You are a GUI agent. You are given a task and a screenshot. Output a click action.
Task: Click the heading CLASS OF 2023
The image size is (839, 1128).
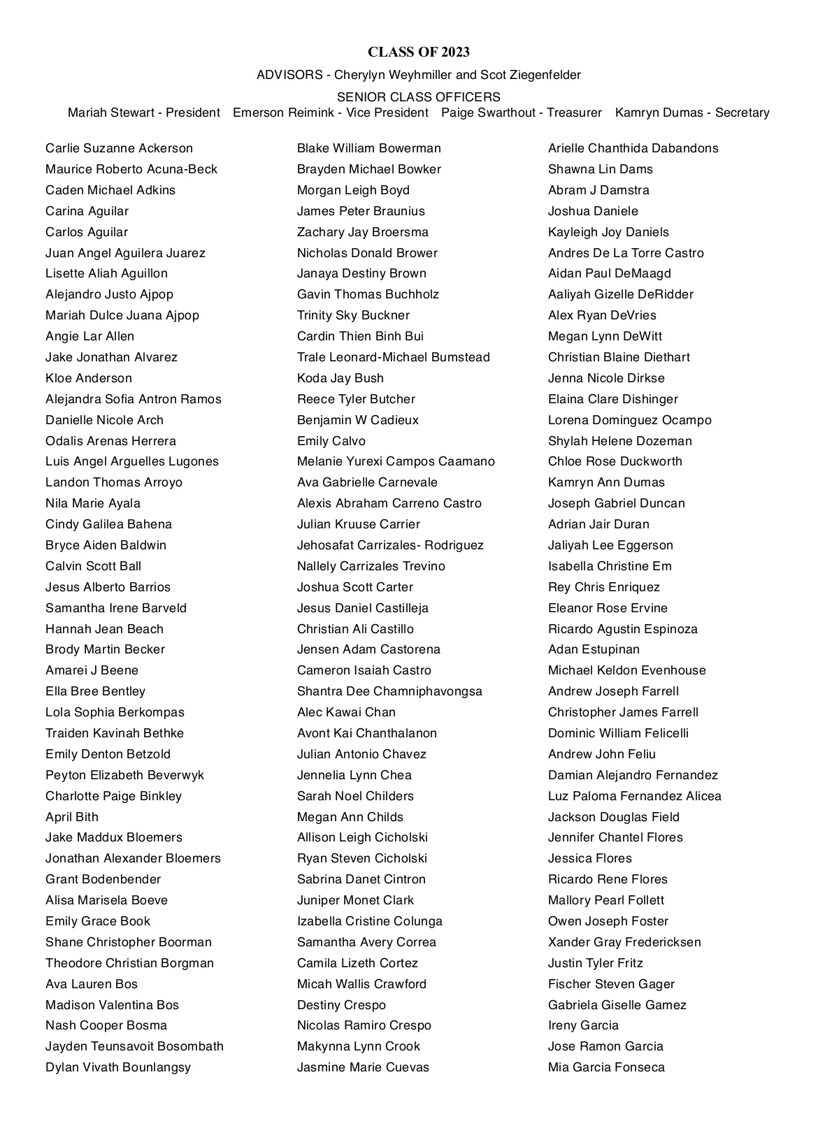coord(419,52)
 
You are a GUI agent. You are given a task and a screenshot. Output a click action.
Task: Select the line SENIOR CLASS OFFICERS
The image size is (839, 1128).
coord(419,97)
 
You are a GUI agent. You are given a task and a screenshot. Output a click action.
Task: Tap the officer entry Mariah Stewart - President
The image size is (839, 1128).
coord(144,113)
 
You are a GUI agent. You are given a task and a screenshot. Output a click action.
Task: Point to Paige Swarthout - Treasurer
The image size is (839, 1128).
coord(522,113)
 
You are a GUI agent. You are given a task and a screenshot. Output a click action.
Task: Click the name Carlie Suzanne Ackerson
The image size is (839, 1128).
coord(119,148)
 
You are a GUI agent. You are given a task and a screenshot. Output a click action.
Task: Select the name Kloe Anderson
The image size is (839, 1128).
coord(89,378)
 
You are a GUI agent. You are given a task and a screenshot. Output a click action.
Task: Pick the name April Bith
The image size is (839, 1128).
coord(72,817)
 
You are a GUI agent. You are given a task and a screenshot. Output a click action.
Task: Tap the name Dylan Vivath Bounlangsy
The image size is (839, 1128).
coord(118,1067)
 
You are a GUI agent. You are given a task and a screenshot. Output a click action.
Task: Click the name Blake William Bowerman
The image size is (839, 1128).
coord(369,148)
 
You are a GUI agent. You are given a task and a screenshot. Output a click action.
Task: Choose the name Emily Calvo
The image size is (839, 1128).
coord(331,441)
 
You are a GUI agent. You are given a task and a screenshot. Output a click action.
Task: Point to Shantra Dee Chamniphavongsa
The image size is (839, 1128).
coord(389,691)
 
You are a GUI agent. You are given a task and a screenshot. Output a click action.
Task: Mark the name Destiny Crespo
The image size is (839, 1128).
coord(341,1005)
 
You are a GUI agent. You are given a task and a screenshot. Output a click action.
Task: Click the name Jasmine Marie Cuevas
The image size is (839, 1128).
coord(363,1067)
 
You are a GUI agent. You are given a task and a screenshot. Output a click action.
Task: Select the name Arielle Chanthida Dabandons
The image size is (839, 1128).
coord(633,148)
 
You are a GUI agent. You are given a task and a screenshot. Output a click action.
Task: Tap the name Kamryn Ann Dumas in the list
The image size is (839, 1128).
coord(606,482)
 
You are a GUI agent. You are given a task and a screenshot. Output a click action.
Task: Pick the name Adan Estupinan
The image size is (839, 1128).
coord(594,649)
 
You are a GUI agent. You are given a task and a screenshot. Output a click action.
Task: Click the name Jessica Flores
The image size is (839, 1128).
coord(590,858)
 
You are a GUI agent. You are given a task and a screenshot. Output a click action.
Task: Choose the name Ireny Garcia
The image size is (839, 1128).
coord(583,1025)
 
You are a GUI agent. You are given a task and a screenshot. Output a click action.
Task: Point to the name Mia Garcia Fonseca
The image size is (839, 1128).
coord(606,1067)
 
